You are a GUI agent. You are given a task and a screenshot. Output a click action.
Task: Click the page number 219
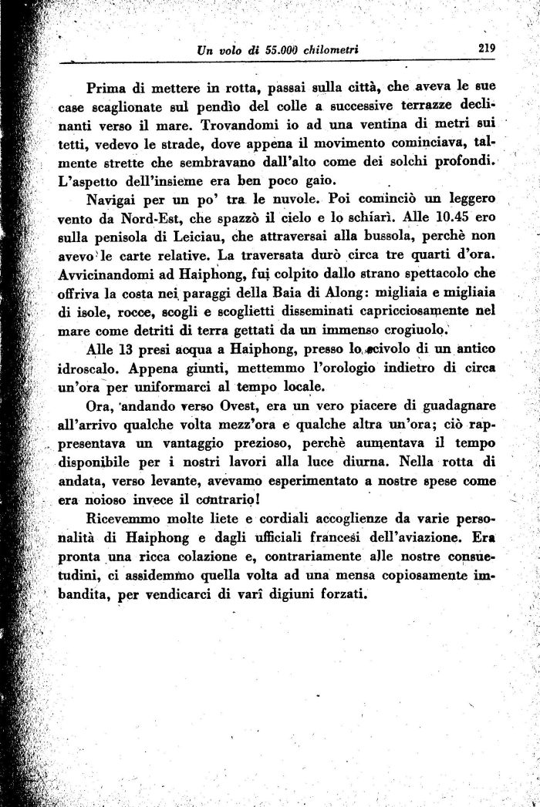click(486, 47)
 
